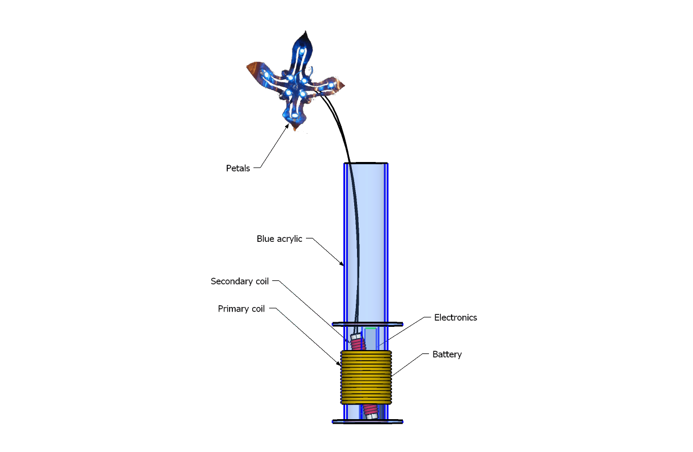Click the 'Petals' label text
238,168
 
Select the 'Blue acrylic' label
279,239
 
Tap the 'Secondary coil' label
240,281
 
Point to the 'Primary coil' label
241,309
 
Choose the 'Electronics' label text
456,318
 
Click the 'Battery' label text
447,355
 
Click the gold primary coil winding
366,377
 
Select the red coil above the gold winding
357,343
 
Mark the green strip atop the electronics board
371,328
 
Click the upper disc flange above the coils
367,324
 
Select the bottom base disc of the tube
367,421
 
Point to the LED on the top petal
303,52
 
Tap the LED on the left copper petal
266,74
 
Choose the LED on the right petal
331,85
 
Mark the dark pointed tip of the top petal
308,36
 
